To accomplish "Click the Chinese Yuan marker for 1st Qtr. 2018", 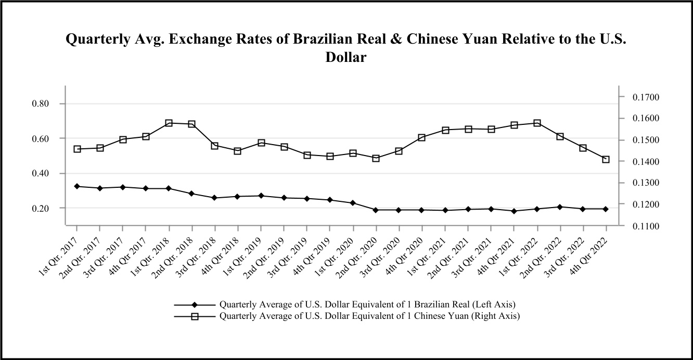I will tap(169, 123).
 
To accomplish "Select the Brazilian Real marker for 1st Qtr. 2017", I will tap(77, 186).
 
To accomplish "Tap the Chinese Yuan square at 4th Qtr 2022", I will tap(606, 159).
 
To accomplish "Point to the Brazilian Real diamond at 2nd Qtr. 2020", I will tap(376, 210).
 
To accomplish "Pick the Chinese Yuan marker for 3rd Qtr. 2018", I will tap(214, 146).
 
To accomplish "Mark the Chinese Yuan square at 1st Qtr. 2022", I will tap(537, 123).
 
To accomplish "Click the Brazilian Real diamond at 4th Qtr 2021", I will tap(514, 211).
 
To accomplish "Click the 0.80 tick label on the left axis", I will tap(41, 104).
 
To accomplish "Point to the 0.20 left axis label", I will tap(41, 209).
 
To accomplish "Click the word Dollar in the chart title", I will tap(346, 57).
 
